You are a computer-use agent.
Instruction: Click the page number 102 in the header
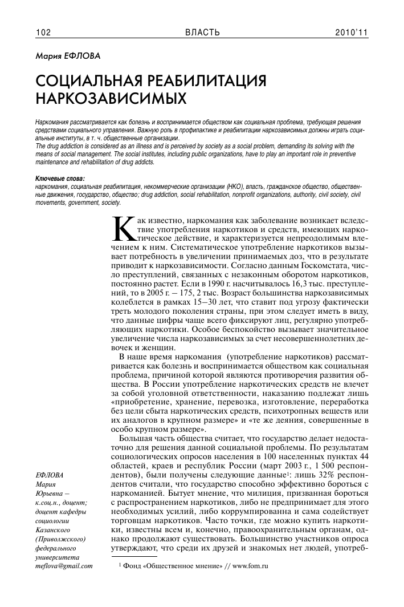click(x=43, y=33)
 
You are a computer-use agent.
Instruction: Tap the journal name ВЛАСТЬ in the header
click(x=202, y=33)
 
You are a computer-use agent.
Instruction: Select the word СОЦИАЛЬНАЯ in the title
click(x=89, y=80)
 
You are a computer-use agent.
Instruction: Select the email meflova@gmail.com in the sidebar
click(x=63, y=566)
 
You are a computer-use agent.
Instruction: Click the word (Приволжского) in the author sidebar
click(x=60, y=539)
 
